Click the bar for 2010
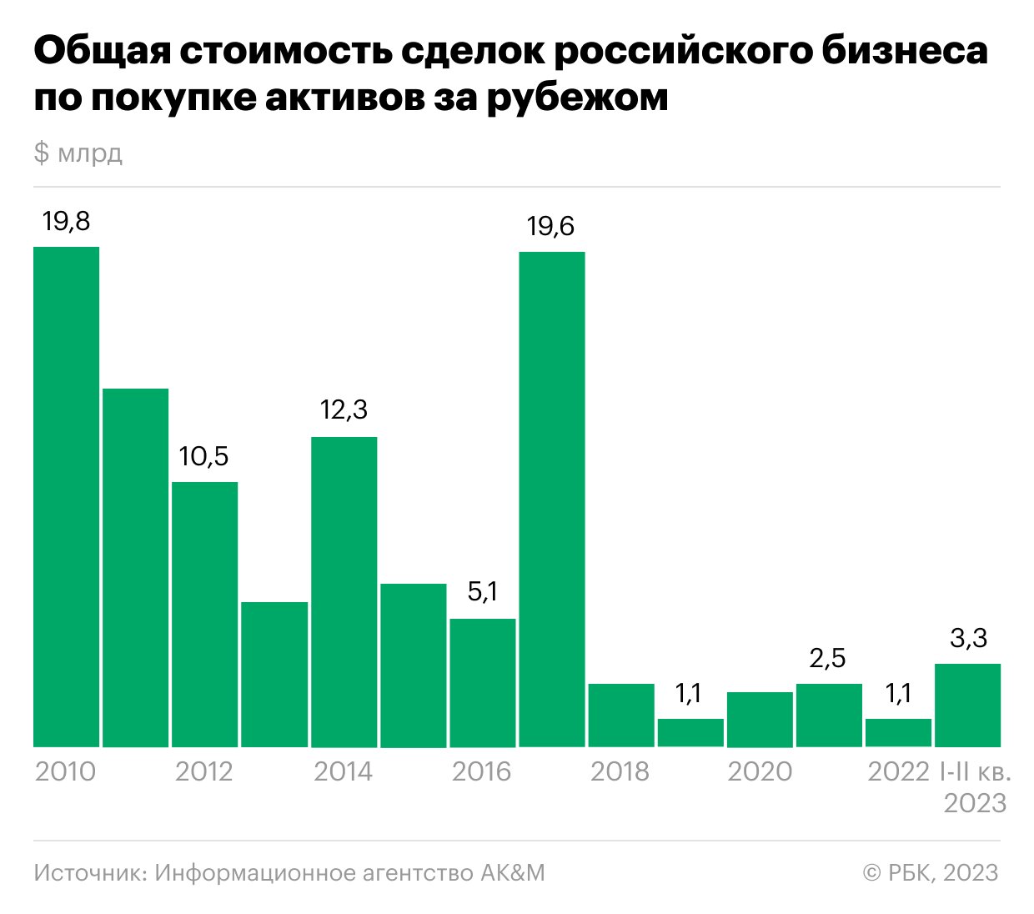67,496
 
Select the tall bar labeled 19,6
552,499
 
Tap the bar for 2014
344,592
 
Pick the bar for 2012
204,615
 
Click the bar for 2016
482,683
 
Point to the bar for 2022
898,733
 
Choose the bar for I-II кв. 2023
967,706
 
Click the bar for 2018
621,716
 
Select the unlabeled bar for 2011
135,567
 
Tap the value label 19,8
66,222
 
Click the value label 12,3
344,409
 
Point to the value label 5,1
482,591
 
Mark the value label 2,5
827,658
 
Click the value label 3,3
968,638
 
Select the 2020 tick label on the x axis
760,771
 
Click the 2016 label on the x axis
481,771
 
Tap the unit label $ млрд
78,153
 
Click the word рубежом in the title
577,98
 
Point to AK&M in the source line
512,872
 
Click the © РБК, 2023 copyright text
931,872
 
